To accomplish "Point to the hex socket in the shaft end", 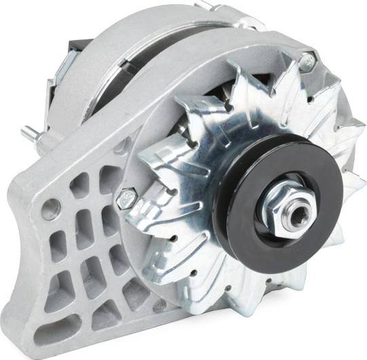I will pos(298,213).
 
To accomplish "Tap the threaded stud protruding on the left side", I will pos(28,134).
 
